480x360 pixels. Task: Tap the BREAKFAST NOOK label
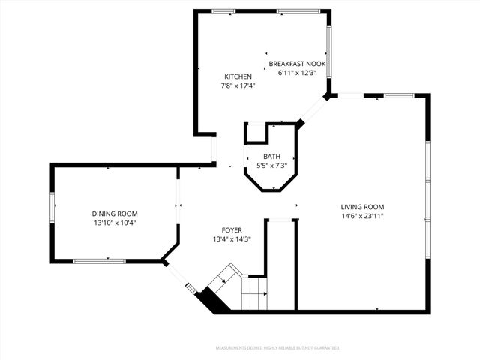297,64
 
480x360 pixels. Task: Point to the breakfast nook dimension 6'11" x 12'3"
297,73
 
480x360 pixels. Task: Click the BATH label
271,156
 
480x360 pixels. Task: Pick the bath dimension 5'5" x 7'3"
271,165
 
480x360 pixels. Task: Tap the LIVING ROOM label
362,207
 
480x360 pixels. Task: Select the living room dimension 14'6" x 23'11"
362,216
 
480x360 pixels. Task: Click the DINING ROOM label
114,214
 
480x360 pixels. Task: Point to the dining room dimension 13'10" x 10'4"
114,223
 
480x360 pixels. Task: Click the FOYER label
231,230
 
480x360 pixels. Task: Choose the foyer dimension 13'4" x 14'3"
231,239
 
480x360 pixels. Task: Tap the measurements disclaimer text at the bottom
277,348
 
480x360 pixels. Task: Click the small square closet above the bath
257,133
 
